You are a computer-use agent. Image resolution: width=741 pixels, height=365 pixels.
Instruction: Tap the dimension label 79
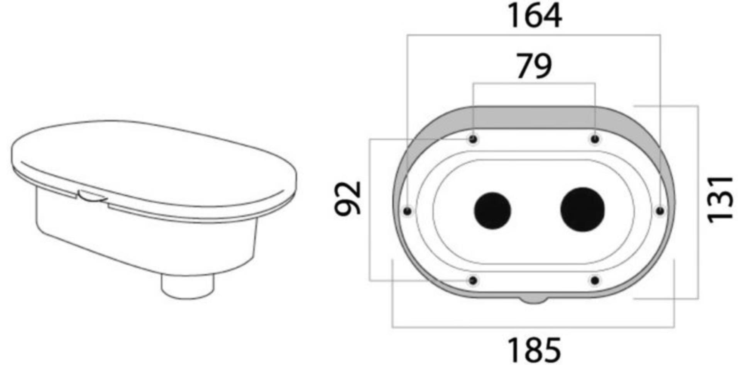coord(534,66)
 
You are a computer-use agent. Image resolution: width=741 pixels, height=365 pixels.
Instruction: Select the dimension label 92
coord(348,198)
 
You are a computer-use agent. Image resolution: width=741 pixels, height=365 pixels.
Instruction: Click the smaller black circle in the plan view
coord(492,211)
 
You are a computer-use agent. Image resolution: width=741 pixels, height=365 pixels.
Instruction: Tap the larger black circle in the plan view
coord(582,210)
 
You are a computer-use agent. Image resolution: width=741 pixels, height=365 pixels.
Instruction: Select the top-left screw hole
coord(473,139)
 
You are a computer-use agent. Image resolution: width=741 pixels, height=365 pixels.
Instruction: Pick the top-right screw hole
coord(595,139)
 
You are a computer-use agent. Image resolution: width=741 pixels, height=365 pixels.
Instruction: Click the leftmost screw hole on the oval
coord(407,211)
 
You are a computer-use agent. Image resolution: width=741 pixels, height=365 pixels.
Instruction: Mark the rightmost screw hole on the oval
coord(660,211)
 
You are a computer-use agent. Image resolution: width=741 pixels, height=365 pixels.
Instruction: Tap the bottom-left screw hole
coord(473,280)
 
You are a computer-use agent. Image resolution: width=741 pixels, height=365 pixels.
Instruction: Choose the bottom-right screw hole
coord(595,280)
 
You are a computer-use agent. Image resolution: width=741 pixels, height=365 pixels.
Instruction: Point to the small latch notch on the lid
coord(92,195)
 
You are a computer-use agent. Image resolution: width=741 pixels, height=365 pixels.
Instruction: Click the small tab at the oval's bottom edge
coord(534,300)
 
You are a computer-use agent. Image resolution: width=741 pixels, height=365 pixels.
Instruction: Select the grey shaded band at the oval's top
coord(534,116)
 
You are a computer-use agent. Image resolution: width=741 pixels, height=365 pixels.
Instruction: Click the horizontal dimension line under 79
coord(534,83)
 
